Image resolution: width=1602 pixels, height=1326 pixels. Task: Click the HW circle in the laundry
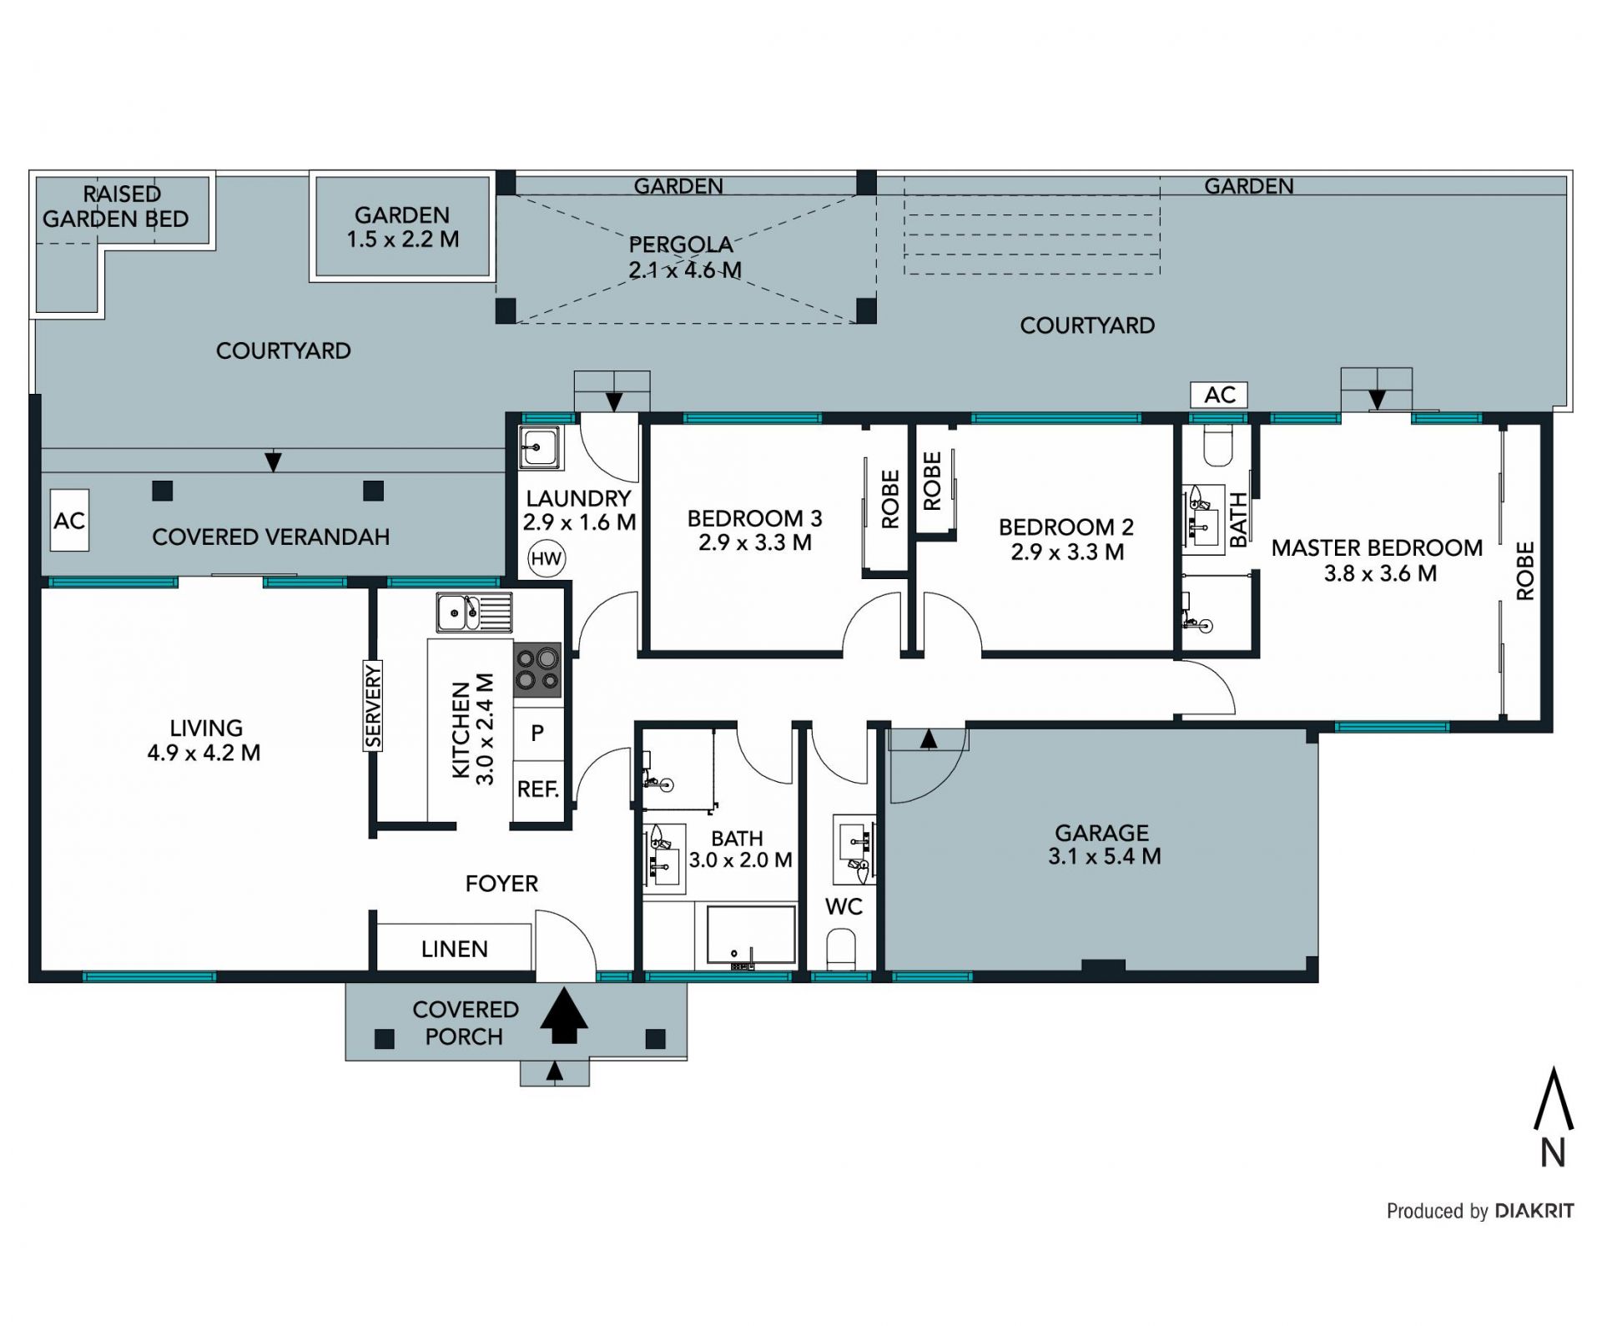[547, 558]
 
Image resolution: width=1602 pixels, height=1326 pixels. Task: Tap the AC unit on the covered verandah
[69, 521]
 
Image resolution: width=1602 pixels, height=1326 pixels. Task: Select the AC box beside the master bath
[1219, 395]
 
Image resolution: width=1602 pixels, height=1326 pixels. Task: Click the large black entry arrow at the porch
[564, 1015]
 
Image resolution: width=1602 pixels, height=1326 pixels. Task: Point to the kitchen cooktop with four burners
[537, 670]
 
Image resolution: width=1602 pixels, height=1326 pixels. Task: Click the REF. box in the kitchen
[537, 789]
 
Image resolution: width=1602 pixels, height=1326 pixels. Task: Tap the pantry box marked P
[537, 734]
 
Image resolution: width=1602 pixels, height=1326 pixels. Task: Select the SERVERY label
[372, 706]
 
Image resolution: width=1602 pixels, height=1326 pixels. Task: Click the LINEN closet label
[455, 949]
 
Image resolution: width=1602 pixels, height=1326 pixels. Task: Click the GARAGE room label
[1102, 833]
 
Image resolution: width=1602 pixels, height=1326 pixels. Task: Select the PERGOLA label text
[681, 245]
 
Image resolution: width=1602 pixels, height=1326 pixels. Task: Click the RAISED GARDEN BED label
[116, 206]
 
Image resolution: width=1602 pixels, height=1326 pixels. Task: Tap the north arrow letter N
[1553, 1153]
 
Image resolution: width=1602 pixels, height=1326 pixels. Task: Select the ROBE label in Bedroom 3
[890, 499]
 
